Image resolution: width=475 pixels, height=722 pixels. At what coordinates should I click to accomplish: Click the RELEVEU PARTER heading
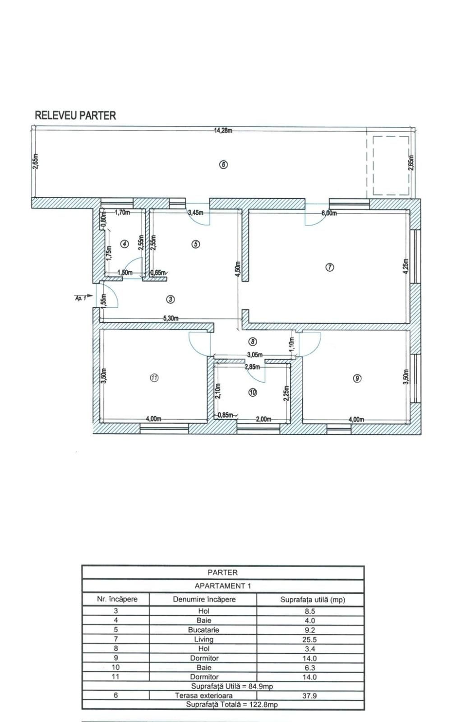tap(75, 116)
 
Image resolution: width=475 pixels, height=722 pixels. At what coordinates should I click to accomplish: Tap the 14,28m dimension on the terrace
tap(223, 131)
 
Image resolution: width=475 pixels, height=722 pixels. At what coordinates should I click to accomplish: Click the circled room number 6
tap(223, 164)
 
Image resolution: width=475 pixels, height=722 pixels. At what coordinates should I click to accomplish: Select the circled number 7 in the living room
tap(329, 267)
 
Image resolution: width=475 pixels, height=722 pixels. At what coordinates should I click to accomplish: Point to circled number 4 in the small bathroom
tap(125, 244)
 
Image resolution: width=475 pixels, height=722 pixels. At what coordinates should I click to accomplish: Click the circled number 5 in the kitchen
tap(195, 244)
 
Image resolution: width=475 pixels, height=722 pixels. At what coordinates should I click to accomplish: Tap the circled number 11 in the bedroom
tap(154, 378)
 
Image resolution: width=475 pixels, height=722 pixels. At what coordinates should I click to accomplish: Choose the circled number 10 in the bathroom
tap(253, 393)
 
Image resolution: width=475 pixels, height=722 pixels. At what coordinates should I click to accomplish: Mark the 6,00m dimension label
tap(330, 213)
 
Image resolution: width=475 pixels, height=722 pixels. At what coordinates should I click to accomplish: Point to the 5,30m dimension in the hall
tap(171, 319)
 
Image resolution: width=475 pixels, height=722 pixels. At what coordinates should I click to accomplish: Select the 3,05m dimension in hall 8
tap(255, 355)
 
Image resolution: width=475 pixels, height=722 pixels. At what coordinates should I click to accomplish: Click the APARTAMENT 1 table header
tap(222, 586)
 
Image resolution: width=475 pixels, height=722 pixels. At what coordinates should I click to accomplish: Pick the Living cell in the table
tap(203, 639)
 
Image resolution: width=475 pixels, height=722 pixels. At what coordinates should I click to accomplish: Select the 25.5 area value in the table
tap(309, 639)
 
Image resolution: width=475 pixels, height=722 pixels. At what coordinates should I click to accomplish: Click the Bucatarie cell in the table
tap(203, 629)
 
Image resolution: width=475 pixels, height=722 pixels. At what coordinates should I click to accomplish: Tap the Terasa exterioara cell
tap(203, 695)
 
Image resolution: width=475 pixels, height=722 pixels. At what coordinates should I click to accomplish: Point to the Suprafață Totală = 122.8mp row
tap(222, 704)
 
